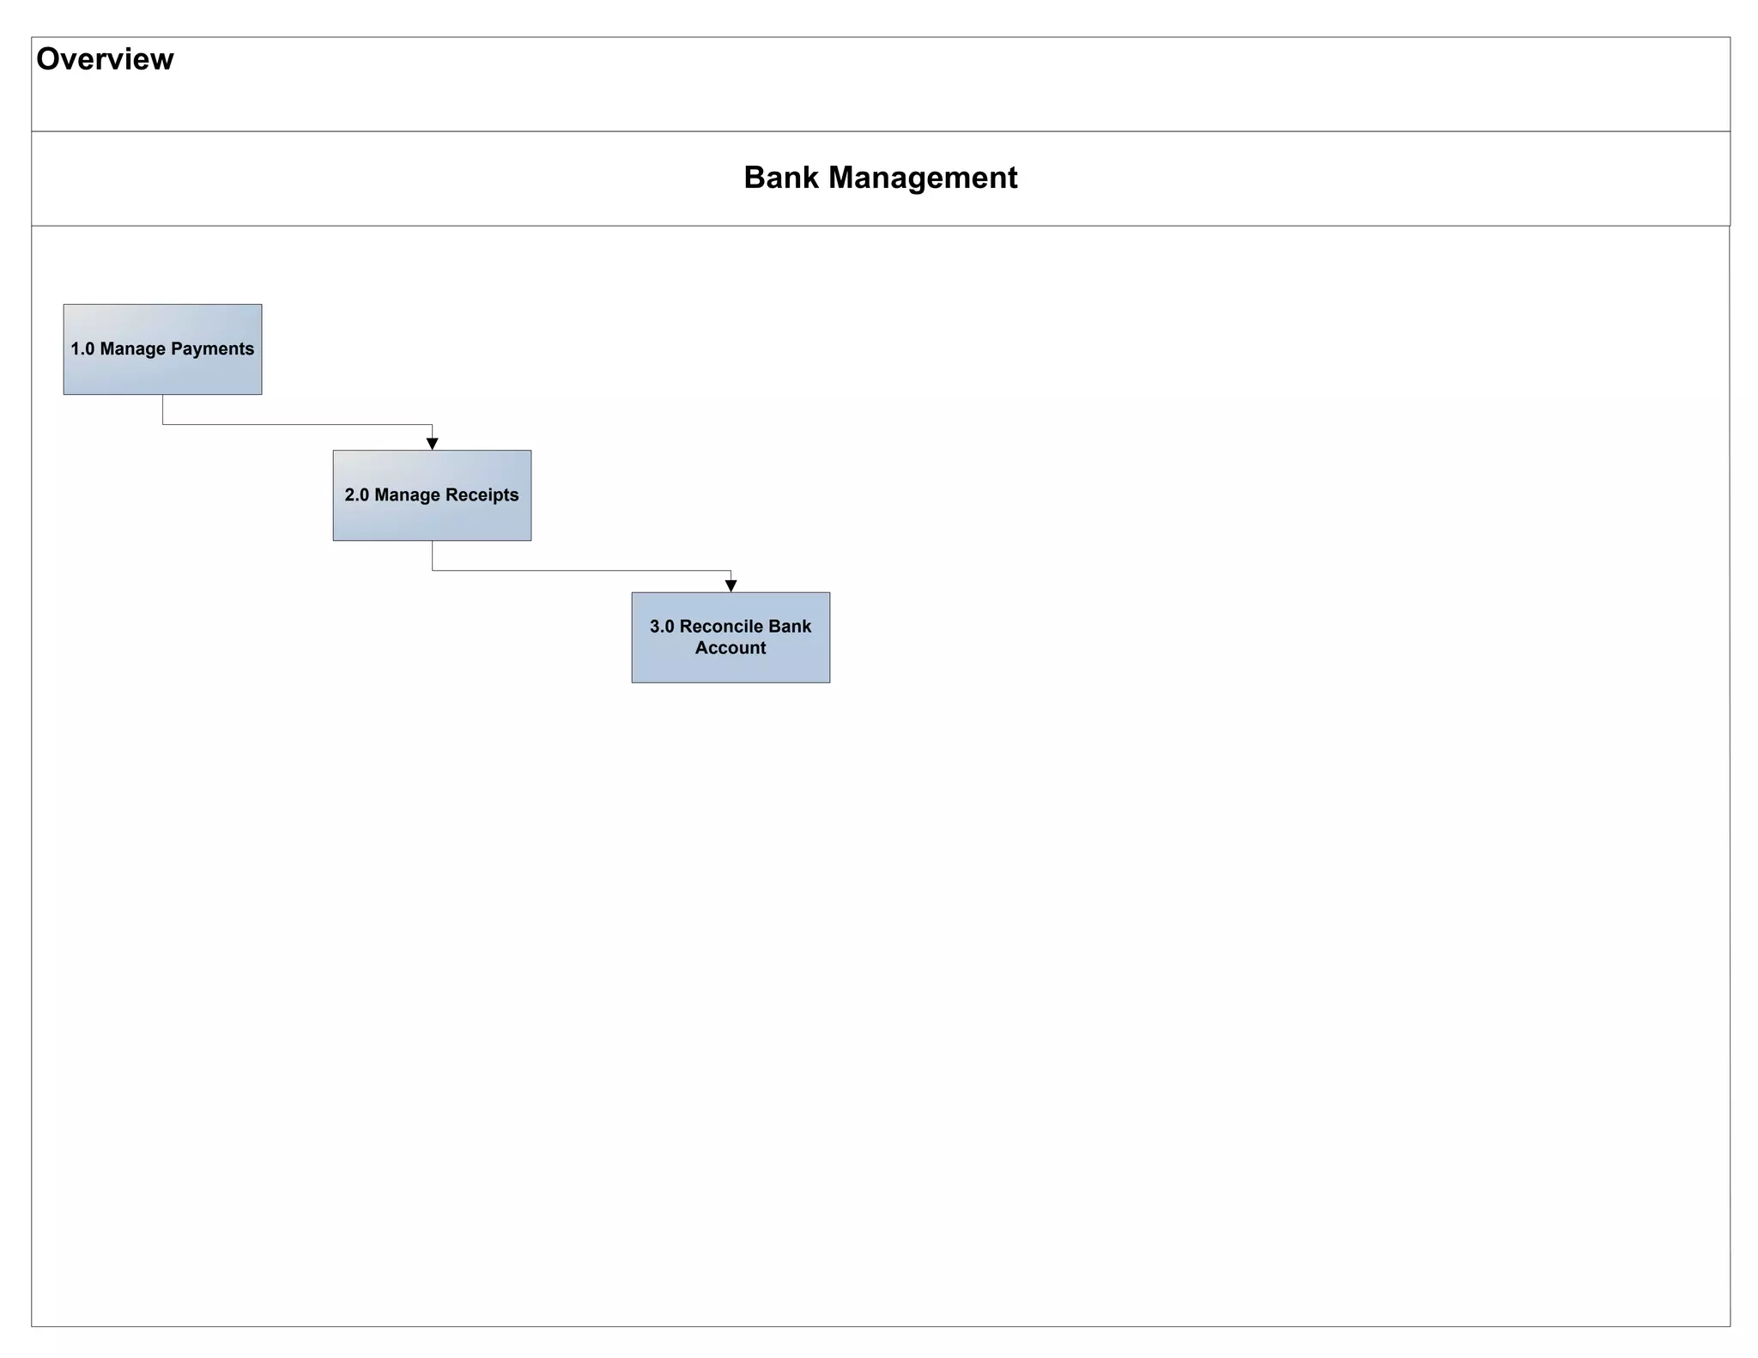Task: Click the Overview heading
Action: click(105, 59)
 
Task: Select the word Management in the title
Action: click(923, 178)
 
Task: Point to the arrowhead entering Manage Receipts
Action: click(433, 443)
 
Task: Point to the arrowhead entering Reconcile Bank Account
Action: click(731, 585)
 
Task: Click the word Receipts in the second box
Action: click(482, 495)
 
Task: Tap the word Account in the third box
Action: click(730, 648)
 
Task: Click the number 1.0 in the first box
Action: click(82, 349)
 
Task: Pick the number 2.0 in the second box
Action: click(356, 495)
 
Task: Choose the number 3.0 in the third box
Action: click(662, 627)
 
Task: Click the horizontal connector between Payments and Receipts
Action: click(297, 424)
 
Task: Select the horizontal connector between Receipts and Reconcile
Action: click(581, 570)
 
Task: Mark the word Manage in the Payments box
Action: click(132, 349)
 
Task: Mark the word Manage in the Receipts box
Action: click(407, 495)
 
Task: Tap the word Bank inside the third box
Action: click(791, 627)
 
